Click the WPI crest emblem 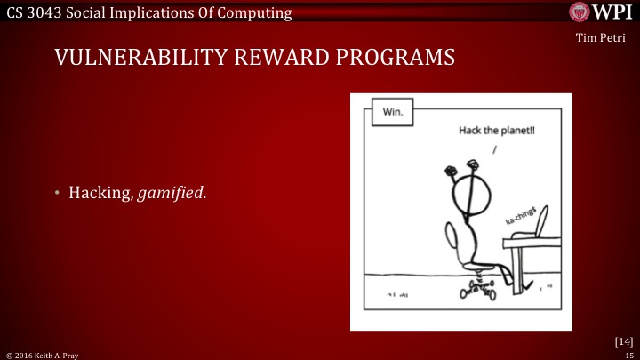[x=580, y=12]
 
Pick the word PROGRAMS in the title [x=398, y=58]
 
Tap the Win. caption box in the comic [x=392, y=113]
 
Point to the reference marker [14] [x=623, y=340]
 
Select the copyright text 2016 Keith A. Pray [x=44, y=355]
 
